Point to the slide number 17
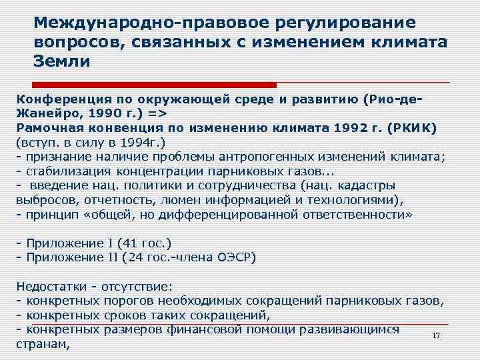tap(437, 335)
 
